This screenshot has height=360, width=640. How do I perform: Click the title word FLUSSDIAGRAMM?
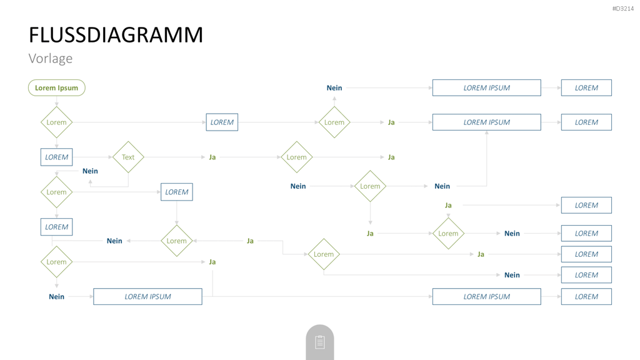coord(116,35)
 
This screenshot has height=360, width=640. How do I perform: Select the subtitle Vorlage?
coord(51,58)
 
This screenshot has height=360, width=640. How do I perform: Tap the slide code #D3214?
coord(623,9)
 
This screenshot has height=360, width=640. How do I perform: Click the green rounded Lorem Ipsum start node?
coord(57,87)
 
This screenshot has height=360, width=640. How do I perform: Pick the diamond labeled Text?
coord(128,157)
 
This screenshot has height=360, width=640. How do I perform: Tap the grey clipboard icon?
coord(320,342)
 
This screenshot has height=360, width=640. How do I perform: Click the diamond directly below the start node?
coord(57,122)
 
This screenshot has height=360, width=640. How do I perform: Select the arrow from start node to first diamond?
coord(57,101)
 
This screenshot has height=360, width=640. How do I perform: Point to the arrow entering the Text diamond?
coord(92,157)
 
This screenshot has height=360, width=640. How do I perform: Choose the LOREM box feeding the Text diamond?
coord(57,157)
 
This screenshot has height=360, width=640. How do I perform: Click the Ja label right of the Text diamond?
coord(212,157)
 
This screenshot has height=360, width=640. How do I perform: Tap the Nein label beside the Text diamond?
coord(90,171)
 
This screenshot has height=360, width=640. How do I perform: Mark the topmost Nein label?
coord(334,87)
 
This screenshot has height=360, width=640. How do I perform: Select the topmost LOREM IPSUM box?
coord(486,87)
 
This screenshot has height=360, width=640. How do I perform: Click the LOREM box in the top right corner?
coord(586,87)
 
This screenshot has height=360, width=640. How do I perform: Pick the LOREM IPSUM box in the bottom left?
coord(147,297)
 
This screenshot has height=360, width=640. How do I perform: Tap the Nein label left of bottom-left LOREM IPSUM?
coord(57,297)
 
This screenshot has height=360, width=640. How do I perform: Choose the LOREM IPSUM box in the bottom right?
coord(486,297)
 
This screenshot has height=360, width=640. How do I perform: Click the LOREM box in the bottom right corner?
coord(586,297)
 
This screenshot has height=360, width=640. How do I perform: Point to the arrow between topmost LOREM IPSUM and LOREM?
coord(551,87)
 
